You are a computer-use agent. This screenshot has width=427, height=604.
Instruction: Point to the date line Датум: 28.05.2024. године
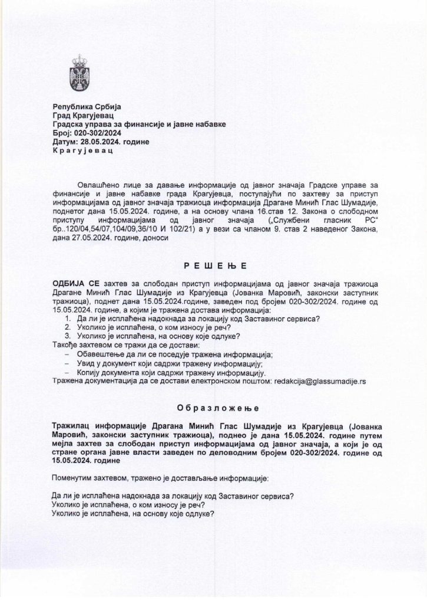(101, 142)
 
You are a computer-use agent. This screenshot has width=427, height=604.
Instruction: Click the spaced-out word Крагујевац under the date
(82, 151)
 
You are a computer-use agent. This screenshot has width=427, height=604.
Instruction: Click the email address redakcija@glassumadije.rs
(320, 381)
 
